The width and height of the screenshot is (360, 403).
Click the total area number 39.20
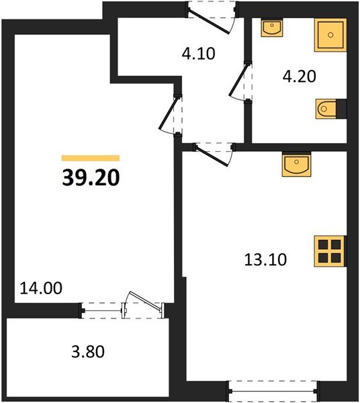click(91, 177)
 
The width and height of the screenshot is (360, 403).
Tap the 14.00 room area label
click(41, 288)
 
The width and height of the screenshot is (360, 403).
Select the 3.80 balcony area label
click(88, 351)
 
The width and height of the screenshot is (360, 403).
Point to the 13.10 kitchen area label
click(265, 259)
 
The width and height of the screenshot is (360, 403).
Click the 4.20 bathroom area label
click(299, 77)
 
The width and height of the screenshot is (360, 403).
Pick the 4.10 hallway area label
click(198, 54)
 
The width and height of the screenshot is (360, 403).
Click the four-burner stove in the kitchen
click(330, 251)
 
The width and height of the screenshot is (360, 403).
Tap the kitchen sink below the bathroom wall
click(296, 164)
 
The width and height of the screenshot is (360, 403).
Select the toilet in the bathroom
click(326, 109)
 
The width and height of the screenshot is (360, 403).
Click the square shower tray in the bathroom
click(330, 35)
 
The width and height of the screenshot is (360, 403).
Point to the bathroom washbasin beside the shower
click(272, 28)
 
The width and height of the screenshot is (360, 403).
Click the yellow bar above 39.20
click(91, 158)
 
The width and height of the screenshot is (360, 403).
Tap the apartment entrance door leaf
click(209, 21)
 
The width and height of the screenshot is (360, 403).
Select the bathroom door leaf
click(239, 80)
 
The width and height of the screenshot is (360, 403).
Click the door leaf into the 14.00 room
click(169, 113)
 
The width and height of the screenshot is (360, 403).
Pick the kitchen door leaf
click(212, 156)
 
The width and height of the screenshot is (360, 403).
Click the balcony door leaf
click(146, 301)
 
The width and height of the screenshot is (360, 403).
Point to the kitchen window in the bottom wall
click(273, 391)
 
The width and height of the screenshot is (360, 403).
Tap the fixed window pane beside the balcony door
click(102, 310)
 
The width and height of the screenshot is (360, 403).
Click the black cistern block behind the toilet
click(341, 109)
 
